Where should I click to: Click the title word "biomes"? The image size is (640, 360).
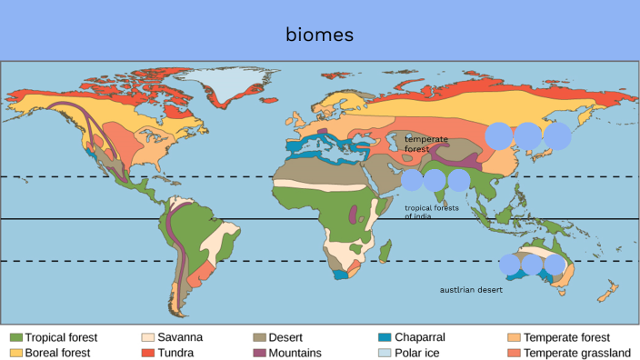coord(319,35)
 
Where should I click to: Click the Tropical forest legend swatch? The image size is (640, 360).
coord(15,337)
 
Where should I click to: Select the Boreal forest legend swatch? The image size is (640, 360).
coord(15,352)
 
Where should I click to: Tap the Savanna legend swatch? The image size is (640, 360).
coord(148,337)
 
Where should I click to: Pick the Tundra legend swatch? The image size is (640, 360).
coord(148,352)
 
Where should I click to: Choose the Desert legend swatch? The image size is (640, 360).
coord(262,337)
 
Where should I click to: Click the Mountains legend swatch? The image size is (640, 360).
coord(262,352)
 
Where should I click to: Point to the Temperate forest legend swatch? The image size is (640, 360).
coord(515,337)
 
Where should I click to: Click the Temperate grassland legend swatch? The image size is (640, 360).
coord(515,352)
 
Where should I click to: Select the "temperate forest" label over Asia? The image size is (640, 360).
coord(422,143)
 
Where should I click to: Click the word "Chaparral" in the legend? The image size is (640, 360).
coord(420,337)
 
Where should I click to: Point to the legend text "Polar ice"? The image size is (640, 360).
coord(417,352)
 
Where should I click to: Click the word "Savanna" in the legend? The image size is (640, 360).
coord(180,337)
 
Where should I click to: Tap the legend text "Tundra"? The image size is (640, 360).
coord(175,352)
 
